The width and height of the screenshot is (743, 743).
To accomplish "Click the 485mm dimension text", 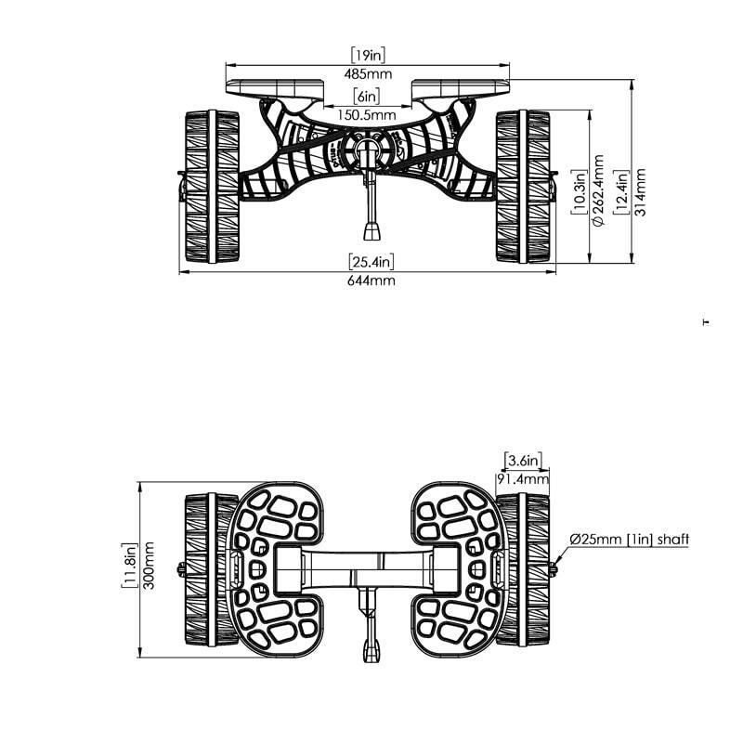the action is click(x=368, y=74).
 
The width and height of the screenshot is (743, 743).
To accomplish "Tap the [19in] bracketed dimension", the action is click(x=368, y=55).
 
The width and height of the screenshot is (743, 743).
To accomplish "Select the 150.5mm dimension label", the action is click(x=367, y=115).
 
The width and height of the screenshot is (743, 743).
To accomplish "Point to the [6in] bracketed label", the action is click(x=367, y=97).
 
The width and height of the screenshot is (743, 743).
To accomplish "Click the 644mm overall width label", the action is click(x=371, y=280).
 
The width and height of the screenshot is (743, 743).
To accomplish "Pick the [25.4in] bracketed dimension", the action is click(x=371, y=262).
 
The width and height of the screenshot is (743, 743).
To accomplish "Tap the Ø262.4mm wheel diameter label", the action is click(x=598, y=190).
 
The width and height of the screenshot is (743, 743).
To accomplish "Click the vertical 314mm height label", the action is click(x=640, y=192).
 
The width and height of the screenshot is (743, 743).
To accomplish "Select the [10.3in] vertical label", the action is click(x=579, y=191).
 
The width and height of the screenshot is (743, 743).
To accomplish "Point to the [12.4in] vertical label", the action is click(x=620, y=192).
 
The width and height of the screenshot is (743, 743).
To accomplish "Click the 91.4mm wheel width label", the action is click(x=523, y=478).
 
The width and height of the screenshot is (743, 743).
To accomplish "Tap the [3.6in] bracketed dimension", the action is click(x=523, y=460).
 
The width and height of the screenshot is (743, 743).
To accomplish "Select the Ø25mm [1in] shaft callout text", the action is click(x=630, y=540).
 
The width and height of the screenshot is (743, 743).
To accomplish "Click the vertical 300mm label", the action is click(x=149, y=566).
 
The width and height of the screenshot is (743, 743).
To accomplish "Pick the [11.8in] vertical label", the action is click(x=129, y=566).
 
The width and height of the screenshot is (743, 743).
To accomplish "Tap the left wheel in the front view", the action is click(x=212, y=187).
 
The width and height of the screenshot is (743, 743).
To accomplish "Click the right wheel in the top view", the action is click(x=523, y=569).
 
